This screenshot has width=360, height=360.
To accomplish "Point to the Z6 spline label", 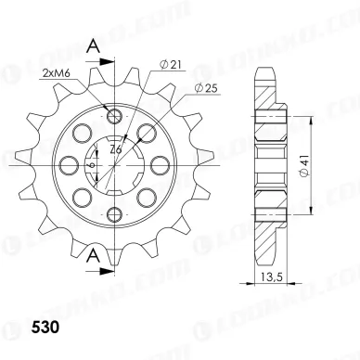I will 115,148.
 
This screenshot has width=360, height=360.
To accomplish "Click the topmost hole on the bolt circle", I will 115,115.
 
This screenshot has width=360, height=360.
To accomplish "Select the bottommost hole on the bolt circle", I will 115,215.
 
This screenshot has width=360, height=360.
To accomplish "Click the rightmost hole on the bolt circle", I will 163,165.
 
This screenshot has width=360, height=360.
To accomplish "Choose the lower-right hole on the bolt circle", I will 149,199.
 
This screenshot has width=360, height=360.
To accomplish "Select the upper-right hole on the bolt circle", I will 149,131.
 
